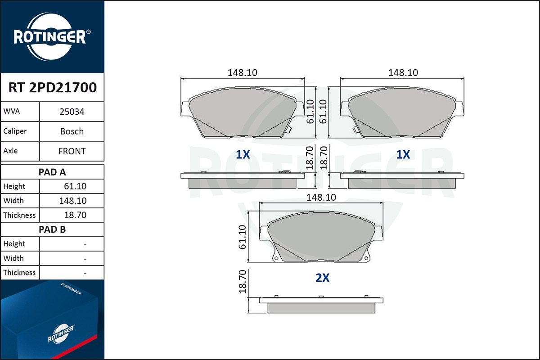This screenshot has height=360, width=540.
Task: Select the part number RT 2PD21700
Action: (52, 88)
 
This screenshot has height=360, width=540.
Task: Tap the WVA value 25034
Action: (72, 112)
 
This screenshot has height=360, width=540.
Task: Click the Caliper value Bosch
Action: (72, 131)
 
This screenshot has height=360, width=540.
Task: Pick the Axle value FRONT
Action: (72, 151)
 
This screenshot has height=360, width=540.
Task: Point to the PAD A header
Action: (52, 172)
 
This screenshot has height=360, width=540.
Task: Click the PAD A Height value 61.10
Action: (76, 186)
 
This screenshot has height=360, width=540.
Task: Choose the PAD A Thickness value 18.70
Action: (76, 215)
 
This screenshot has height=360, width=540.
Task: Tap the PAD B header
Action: (52, 229)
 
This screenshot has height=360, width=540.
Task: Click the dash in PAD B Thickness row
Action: (85, 273)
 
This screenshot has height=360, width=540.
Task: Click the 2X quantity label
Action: (322, 278)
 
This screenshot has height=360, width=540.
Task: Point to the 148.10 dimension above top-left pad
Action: (242, 72)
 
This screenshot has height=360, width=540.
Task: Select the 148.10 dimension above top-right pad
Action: (403, 72)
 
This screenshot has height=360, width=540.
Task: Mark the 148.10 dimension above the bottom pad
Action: (321, 197)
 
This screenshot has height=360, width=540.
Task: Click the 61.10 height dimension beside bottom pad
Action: (243, 237)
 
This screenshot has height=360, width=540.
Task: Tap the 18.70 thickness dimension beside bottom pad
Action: (243, 282)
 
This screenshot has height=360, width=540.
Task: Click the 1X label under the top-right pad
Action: (403, 154)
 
